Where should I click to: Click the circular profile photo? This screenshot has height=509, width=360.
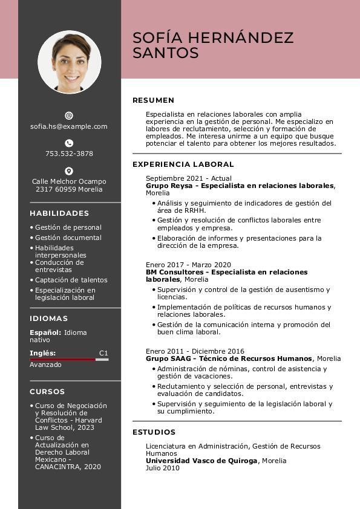click(x=69, y=62)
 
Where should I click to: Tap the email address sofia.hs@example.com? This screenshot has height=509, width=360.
click(x=69, y=126)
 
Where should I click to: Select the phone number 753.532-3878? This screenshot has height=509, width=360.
click(x=69, y=154)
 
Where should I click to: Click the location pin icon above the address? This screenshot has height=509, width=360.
click(x=69, y=171)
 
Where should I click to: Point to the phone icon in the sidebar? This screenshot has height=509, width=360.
click(x=69, y=143)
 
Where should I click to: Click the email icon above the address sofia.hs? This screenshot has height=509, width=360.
click(x=69, y=115)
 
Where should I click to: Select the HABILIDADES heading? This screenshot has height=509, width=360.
click(x=59, y=213)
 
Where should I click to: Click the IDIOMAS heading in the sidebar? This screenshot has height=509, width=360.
click(x=48, y=319)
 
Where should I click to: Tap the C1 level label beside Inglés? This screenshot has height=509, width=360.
click(x=103, y=352)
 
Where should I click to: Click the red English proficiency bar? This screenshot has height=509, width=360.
click(x=63, y=360)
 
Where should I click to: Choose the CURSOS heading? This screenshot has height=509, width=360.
click(x=47, y=392)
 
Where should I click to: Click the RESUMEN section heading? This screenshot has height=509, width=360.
click(x=153, y=100)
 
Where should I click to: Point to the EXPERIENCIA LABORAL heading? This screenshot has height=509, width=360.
click(x=183, y=164)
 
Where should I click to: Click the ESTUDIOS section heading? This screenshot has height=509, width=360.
click(x=154, y=432)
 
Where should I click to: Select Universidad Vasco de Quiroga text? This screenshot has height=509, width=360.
click(x=201, y=461)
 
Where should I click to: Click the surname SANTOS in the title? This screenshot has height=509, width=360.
click(x=165, y=53)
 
